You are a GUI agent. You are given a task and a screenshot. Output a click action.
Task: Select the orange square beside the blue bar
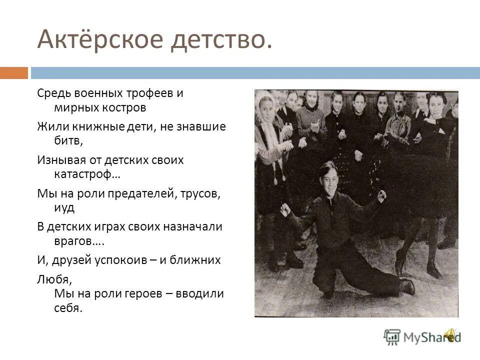coord(13,73)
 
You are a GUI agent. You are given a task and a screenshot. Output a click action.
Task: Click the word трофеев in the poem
coord(148,93)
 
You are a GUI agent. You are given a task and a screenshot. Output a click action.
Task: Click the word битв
coord(67,140)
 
